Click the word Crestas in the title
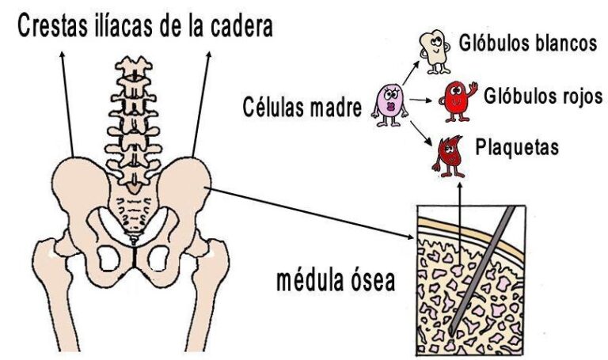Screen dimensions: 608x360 54,25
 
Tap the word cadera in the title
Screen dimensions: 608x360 241,25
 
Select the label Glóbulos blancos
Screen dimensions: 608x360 528,42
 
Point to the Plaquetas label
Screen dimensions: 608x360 517,147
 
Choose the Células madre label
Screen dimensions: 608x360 302,107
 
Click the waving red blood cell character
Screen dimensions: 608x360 458,100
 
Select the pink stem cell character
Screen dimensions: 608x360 389,104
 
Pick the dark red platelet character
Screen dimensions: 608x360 449,156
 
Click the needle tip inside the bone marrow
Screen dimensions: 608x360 450,332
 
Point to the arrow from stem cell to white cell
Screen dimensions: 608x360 411,72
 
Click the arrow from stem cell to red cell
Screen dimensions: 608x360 420,100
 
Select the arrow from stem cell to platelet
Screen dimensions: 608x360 420,133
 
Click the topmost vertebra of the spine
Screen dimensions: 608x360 134,66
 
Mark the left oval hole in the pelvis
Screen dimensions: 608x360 108,259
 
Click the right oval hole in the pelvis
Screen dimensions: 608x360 158,259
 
